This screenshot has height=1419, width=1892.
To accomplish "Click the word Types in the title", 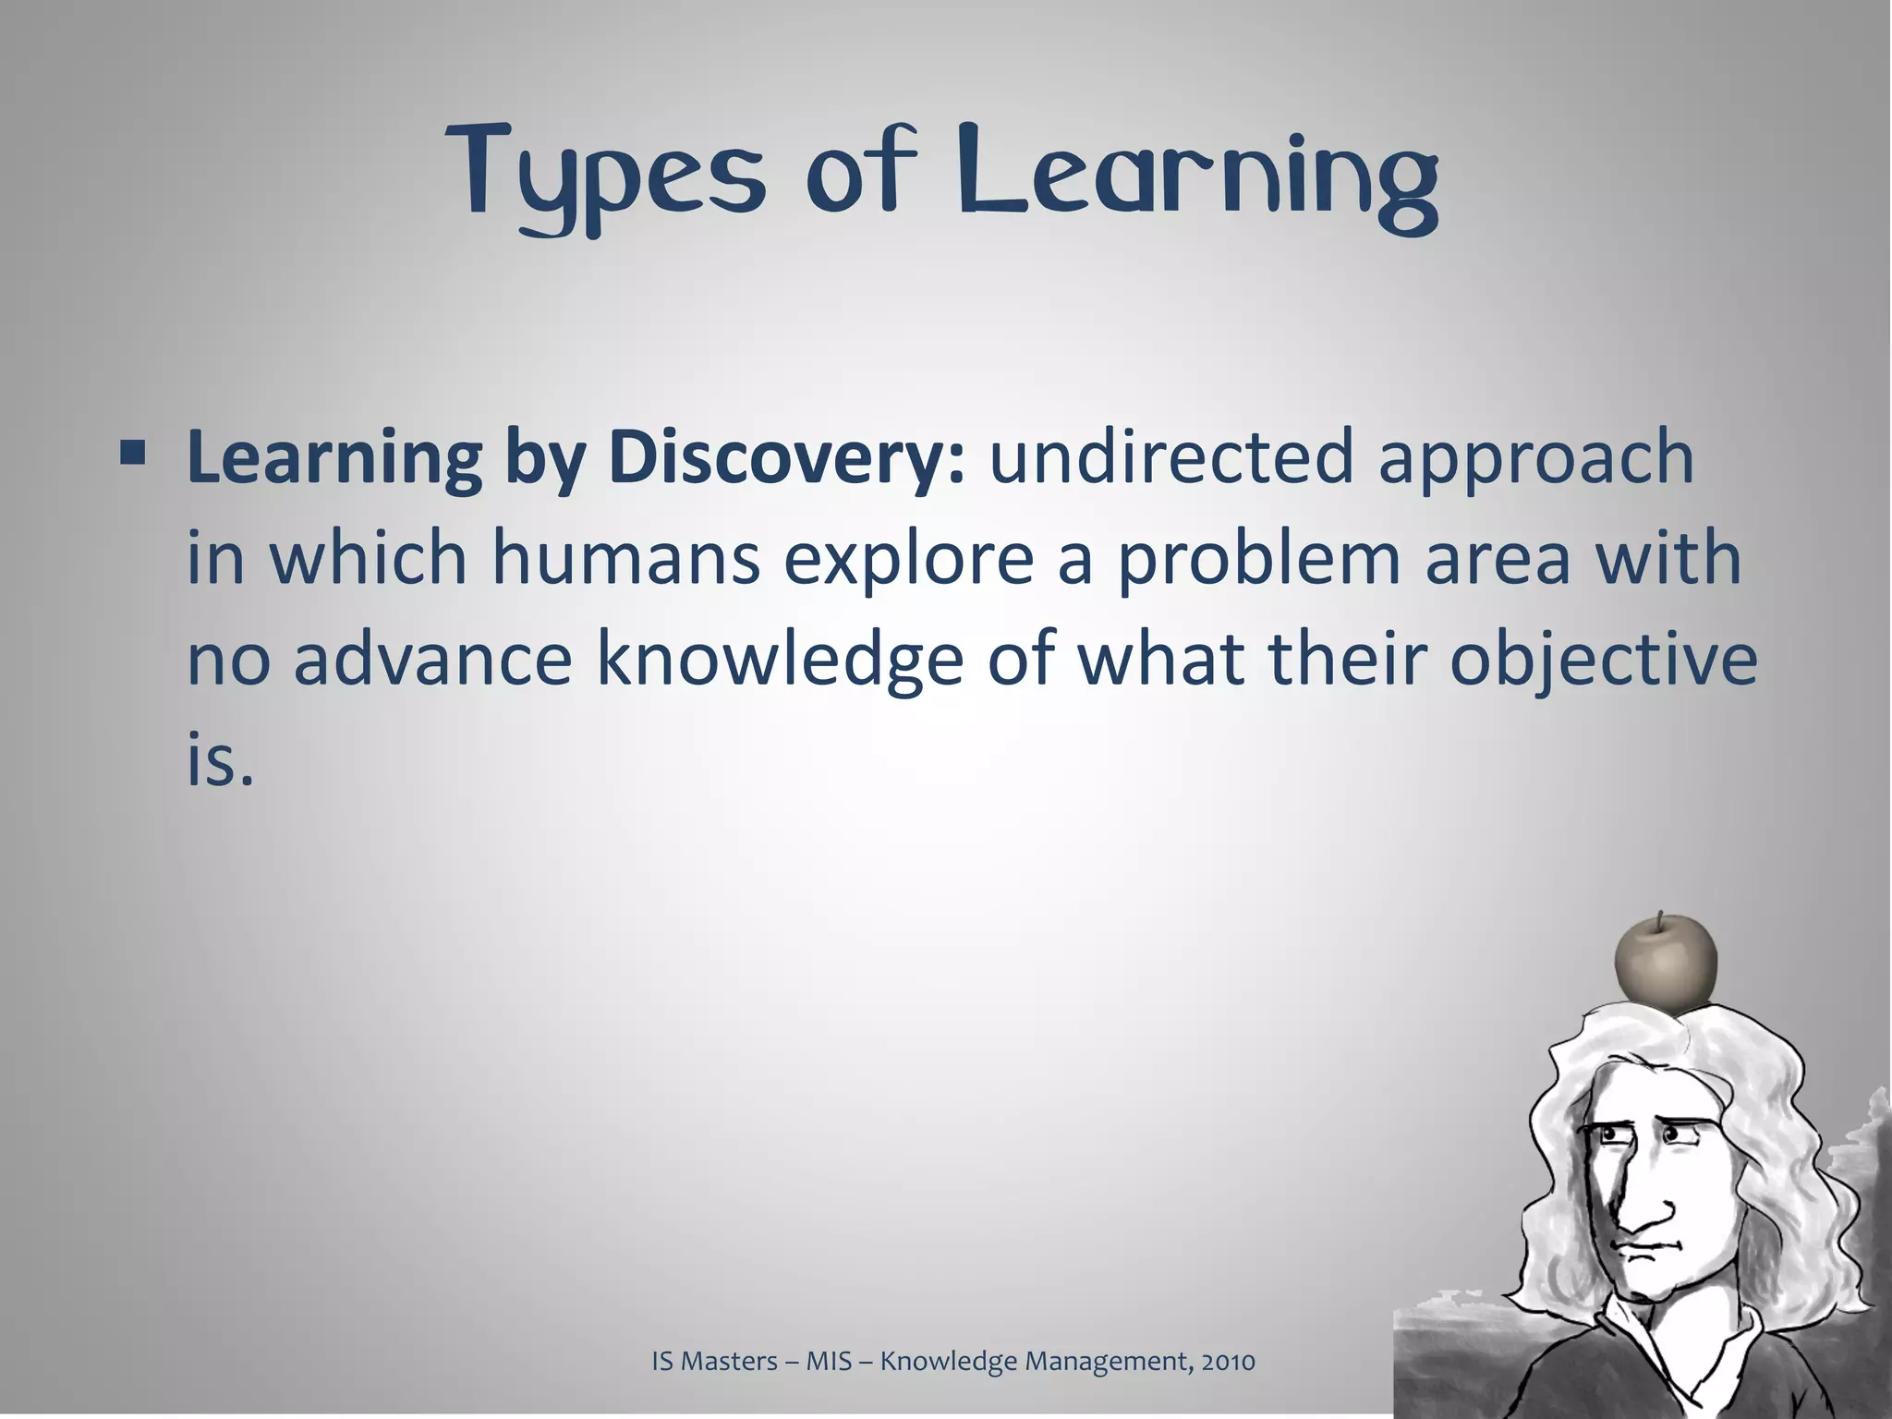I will (x=606, y=176).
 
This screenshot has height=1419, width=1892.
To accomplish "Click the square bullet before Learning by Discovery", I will (x=132, y=454).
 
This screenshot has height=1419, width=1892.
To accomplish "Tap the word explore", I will (x=909, y=562).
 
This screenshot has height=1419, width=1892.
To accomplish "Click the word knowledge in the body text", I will (x=780, y=663).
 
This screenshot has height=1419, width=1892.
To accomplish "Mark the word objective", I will (x=1603, y=663).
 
